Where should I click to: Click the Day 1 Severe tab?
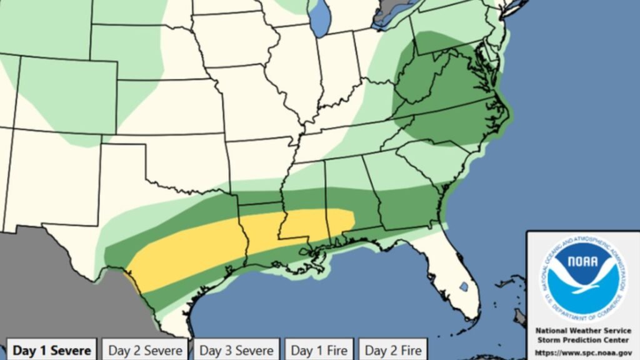[51, 350]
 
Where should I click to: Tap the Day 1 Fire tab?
[318, 350]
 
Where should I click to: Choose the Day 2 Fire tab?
[392, 350]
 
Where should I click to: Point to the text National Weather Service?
[582, 330]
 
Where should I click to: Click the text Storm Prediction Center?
[582, 339]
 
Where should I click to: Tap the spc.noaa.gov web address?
[582, 352]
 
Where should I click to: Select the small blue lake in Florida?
[463, 286]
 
